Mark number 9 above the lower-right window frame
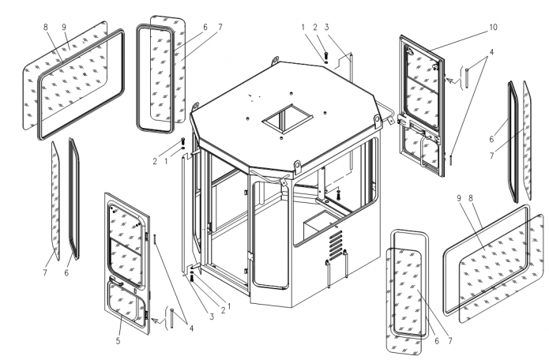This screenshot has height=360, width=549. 459,196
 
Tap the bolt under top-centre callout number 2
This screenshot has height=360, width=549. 325,55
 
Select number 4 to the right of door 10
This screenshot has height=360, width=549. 491,51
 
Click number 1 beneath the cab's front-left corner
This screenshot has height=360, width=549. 229,305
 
